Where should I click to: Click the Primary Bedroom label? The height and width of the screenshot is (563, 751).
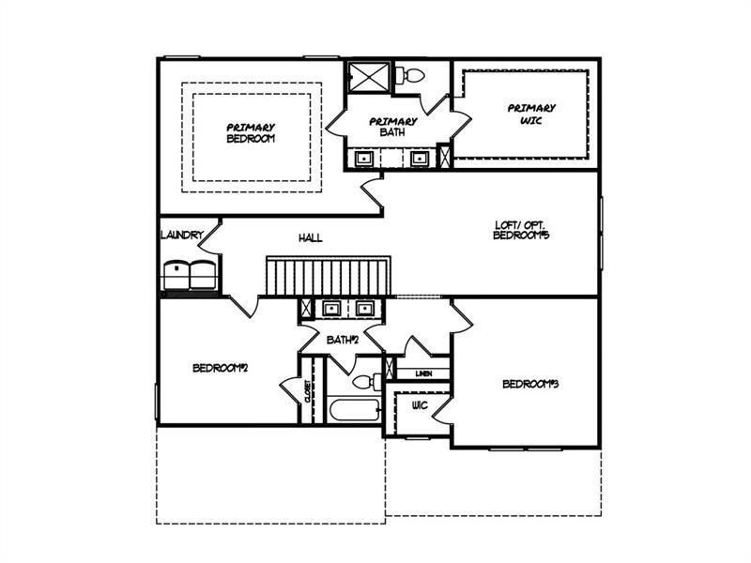point(251,133)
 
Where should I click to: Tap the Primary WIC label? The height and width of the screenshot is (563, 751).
point(531,114)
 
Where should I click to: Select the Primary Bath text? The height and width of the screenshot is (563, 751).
point(392,127)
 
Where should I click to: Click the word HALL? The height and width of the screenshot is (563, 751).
point(311,238)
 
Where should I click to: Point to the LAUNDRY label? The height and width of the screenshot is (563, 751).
point(182,236)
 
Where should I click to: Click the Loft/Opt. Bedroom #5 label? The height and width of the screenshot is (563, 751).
point(520,230)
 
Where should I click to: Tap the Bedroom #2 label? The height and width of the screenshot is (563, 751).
point(220,368)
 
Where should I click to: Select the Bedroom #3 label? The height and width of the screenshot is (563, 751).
point(530,384)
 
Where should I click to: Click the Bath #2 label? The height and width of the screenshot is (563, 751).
point(343,340)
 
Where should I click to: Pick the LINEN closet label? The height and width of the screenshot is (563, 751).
point(423,373)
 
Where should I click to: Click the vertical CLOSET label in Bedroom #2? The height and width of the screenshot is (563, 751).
point(307,391)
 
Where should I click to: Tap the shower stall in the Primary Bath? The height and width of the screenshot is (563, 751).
point(369,77)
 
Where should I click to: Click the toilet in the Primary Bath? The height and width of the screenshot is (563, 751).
point(410,75)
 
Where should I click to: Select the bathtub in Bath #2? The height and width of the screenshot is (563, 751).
point(355,410)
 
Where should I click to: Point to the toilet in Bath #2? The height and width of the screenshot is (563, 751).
point(367,382)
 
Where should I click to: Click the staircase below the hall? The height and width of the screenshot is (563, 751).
point(329,276)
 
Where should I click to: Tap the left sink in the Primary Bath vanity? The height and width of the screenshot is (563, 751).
point(363,158)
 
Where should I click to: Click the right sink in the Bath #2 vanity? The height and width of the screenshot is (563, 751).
point(364,309)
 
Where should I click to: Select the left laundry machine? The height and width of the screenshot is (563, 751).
point(176,276)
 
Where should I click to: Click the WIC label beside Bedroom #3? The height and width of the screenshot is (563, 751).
point(420,406)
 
